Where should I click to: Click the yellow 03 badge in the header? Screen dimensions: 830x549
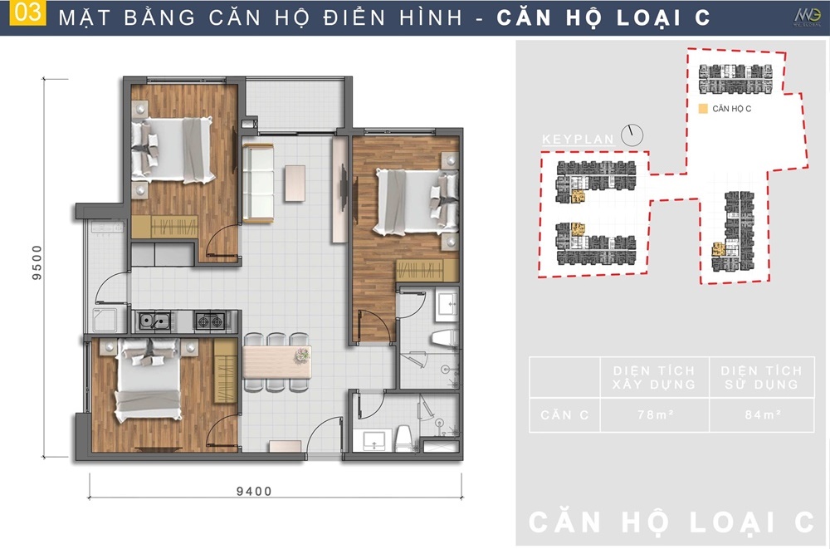click(27, 13)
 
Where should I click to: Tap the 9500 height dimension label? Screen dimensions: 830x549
click(37, 262)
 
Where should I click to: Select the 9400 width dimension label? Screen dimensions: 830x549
click(254, 491)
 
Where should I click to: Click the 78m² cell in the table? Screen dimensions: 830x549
click(655, 415)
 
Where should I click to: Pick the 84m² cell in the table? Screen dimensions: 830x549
click(763, 415)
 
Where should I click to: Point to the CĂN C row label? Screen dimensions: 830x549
click(564, 415)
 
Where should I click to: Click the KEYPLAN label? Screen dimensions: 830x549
click(578, 140)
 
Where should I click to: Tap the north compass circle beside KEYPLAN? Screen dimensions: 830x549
click(632, 135)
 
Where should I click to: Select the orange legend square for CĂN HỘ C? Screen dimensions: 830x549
click(703, 109)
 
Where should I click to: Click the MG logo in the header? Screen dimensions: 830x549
click(807, 17)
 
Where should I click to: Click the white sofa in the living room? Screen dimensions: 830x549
click(258, 183)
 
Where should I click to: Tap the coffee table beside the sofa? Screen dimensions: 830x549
click(295, 184)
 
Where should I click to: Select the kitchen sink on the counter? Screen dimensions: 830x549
click(154, 321)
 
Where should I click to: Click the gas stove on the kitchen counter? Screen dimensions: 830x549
click(210, 321)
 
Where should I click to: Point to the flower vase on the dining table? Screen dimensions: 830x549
click(302, 355)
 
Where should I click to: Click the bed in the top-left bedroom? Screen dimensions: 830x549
click(173, 150)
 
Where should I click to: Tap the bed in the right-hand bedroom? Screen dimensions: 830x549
click(416, 201)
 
